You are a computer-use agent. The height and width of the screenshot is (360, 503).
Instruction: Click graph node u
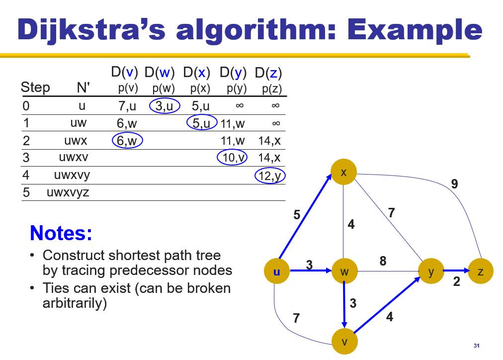277,271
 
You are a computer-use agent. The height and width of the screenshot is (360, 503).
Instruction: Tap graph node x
344,173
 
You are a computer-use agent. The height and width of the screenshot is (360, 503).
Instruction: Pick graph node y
431,271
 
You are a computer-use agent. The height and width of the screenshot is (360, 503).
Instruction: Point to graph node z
480,271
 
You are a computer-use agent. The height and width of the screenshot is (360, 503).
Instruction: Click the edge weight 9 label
454,184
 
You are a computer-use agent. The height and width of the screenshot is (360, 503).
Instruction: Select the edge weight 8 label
383,261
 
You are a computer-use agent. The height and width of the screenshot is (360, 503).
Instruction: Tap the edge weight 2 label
457,282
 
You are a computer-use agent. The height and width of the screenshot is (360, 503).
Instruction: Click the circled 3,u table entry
164,106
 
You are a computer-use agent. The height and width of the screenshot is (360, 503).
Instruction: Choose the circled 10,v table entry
232,158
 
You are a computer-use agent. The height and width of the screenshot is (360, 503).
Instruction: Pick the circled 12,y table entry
270,175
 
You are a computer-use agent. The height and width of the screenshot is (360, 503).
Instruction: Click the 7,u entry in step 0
126,106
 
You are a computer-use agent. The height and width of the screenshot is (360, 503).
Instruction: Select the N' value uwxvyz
68,192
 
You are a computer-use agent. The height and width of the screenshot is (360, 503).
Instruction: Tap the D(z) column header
268,73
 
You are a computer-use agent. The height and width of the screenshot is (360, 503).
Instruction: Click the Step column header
35,88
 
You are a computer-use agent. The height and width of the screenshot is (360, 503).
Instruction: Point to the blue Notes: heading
61,233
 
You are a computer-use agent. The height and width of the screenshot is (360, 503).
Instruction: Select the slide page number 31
477,346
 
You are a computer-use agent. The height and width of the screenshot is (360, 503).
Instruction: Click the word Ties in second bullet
56,288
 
